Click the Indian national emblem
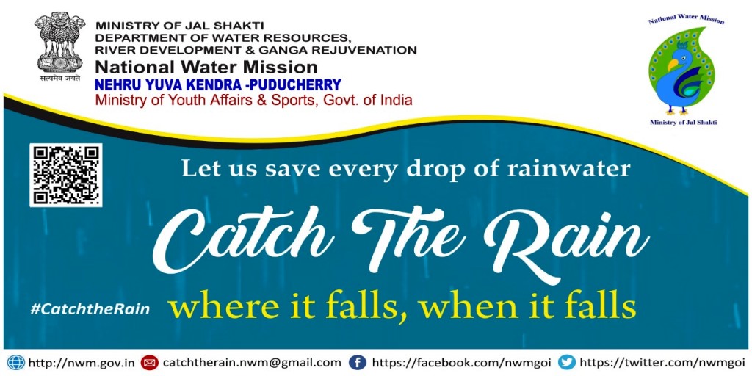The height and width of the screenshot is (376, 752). [x=59, y=47]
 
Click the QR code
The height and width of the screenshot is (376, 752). [x=65, y=175]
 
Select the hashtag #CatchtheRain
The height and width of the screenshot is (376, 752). [x=90, y=309]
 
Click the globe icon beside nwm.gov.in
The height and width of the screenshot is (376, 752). [x=16, y=362]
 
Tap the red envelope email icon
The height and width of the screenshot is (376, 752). [x=151, y=362]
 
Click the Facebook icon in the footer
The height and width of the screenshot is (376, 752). [x=358, y=362]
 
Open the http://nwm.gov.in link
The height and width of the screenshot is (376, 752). [x=82, y=363]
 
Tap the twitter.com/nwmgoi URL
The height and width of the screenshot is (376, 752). [x=661, y=362]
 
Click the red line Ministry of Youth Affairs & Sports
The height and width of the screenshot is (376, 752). [x=253, y=101]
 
